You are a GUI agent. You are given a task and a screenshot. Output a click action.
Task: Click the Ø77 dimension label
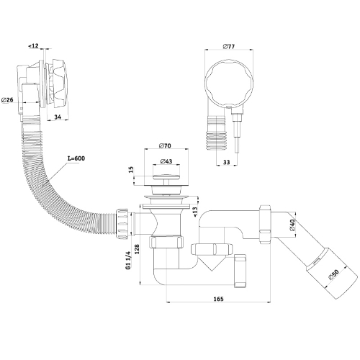pyautogui.click(x=228, y=46)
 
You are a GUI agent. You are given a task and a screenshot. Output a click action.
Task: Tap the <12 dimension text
pyautogui.click(x=33, y=45)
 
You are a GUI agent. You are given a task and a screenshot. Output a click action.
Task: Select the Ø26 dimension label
pyautogui.click(x=7, y=100)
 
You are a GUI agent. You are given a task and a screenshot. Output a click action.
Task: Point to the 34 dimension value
pyautogui.click(x=58, y=117)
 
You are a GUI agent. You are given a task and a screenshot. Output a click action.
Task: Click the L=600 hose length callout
pyautogui.click(x=76, y=158)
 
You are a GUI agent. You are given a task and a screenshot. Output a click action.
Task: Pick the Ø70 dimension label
pyautogui.click(x=165, y=145)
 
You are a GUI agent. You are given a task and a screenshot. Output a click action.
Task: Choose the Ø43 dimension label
pyautogui.click(x=166, y=161)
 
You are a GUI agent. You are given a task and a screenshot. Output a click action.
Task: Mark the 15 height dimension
pyautogui.click(x=131, y=170)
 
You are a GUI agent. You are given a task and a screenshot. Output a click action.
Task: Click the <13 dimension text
pyautogui.click(x=195, y=211)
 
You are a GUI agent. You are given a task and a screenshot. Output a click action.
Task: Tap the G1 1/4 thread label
pyautogui.click(x=128, y=260)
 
